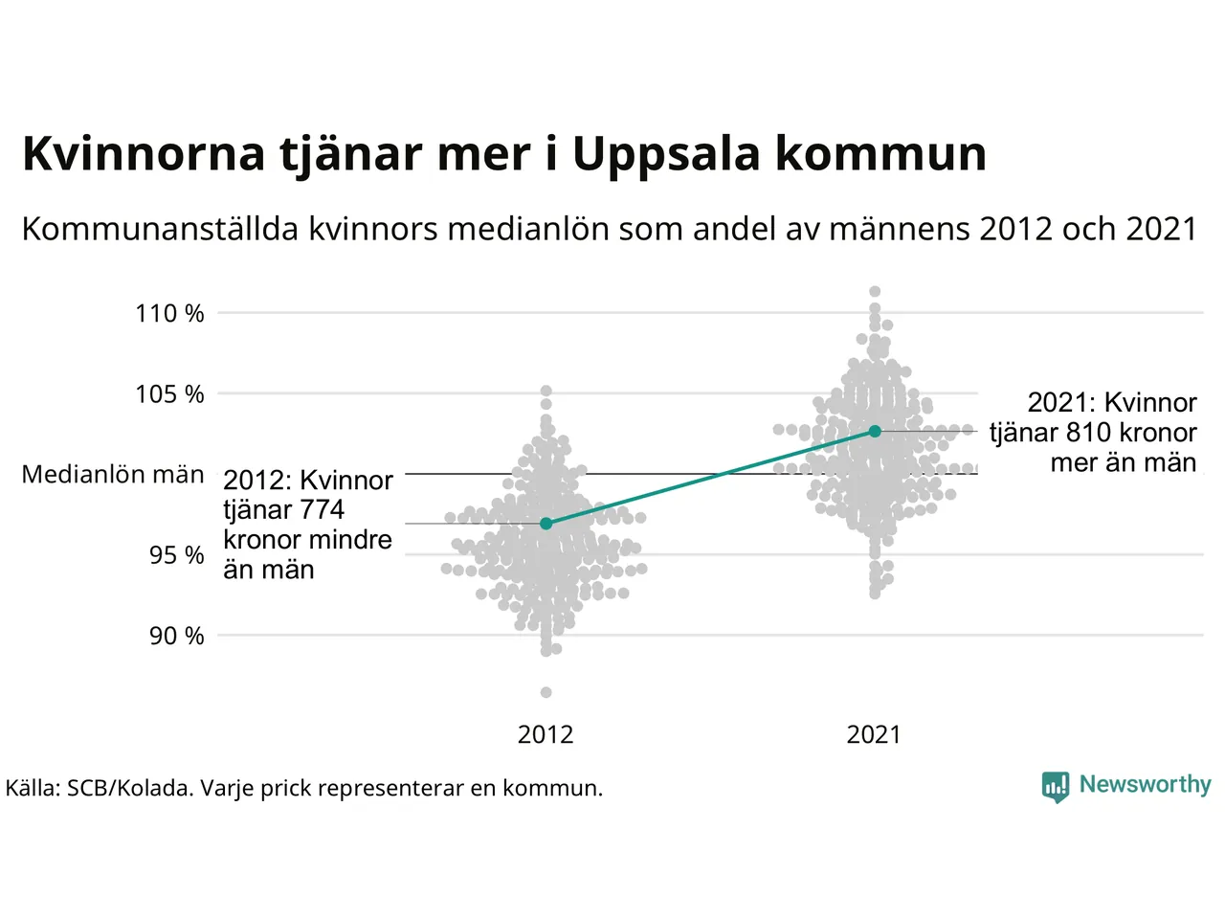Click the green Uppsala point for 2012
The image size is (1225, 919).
pyautogui.click(x=546, y=524)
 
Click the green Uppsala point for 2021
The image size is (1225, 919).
pyautogui.click(x=875, y=432)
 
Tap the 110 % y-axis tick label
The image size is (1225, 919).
pyautogui.click(x=169, y=313)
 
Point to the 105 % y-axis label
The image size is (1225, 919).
pyautogui.click(x=169, y=393)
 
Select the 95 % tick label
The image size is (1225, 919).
pyautogui.click(x=176, y=555)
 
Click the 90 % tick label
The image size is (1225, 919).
pyautogui.click(x=176, y=636)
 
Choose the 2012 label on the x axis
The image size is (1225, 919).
pyautogui.click(x=546, y=734)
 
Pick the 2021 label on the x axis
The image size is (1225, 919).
pyautogui.click(x=874, y=734)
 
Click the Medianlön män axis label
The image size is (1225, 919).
pyautogui.click(x=113, y=475)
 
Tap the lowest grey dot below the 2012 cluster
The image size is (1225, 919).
pyautogui.click(x=546, y=692)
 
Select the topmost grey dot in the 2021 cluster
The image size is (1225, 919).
pyautogui.click(x=875, y=292)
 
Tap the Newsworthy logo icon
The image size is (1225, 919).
pyautogui.click(x=1056, y=787)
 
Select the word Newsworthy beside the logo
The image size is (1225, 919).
pyautogui.click(x=1145, y=785)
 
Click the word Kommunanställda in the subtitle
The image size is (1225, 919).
pyautogui.click(x=160, y=230)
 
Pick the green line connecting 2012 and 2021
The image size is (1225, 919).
pyautogui.click(x=710, y=478)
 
